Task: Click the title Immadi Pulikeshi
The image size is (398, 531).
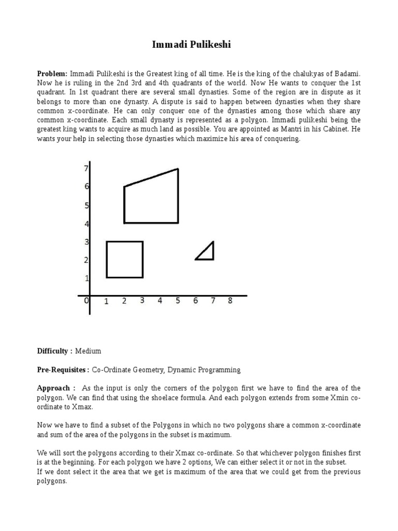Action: [191, 45]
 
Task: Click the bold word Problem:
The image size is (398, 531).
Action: [52, 74]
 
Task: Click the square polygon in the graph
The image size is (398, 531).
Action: [124, 259]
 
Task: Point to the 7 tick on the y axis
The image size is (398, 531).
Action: [86, 168]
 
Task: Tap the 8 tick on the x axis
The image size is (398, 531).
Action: [230, 301]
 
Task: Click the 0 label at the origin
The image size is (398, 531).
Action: [87, 301]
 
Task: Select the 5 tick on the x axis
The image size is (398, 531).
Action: [178, 301]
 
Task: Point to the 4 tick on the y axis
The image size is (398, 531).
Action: [87, 224]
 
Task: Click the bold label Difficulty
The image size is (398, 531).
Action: [54, 351]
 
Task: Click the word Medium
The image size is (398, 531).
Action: [88, 351]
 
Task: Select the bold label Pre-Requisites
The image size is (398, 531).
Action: [62, 370]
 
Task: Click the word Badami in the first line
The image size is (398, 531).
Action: [347, 74]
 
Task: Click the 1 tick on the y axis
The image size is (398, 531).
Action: [87, 278]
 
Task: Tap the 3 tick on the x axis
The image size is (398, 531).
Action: [142, 301]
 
